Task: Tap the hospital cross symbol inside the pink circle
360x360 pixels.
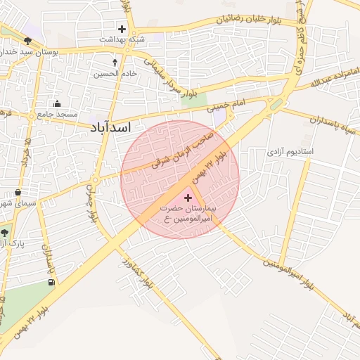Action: pos(187,198)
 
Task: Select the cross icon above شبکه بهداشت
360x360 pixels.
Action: pos(122,30)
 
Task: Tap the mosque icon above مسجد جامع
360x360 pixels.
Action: pos(67,103)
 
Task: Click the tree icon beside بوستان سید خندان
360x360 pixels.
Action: pos(27,41)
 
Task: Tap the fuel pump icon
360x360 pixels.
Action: pos(51,283)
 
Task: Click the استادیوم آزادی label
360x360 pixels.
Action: pos(290,152)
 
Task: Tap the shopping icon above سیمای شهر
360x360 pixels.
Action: pos(17,192)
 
